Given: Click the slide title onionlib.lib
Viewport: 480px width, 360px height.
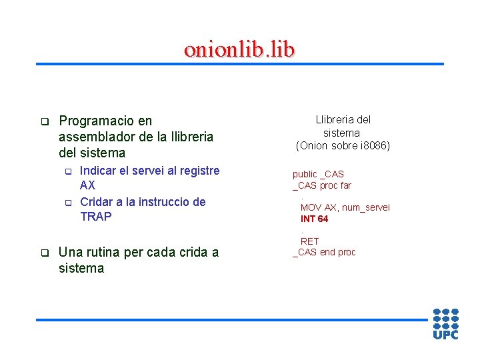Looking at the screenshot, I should pyautogui.click(x=239, y=49).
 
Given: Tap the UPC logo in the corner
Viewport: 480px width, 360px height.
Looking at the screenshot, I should pyautogui.click(x=445, y=323).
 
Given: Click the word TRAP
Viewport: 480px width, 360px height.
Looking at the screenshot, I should pyautogui.click(x=96, y=217).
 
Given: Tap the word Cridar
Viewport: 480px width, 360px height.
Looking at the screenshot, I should pyautogui.click(x=97, y=202).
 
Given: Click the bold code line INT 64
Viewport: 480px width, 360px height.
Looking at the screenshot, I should pyautogui.click(x=314, y=219).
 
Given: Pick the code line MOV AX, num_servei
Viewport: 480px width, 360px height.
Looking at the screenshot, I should pyautogui.click(x=345, y=207).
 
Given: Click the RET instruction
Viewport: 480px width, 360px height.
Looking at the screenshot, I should pyautogui.click(x=310, y=241).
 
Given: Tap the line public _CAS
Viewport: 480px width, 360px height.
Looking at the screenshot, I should pyautogui.click(x=318, y=174).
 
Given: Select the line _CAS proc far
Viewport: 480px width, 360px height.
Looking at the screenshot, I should pyautogui.click(x=322, y=185).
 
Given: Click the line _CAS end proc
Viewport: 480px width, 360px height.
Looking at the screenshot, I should pyautogui.click(x=324, y=252).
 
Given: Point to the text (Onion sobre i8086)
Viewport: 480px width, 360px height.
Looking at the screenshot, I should pyautogui.click(x=343, y=145).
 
